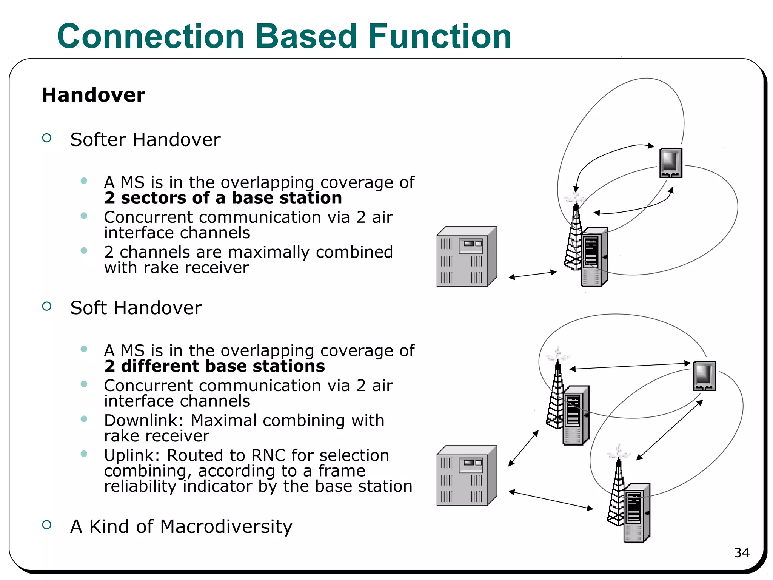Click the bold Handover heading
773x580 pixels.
click(x=93, y=95)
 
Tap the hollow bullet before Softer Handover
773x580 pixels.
click(x=47, y=138)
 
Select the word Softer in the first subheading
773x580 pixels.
click(x=98, y=140)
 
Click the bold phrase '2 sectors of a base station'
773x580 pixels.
click(x=223, y=198)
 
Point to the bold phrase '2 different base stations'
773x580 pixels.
click(x=214, y=366)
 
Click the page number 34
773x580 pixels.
click(x=741, y=553)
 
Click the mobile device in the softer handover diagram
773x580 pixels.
click(x=671, y=163)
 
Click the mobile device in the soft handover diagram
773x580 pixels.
click(x=704, y=376)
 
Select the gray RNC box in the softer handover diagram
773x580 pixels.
click(x=467, y=257)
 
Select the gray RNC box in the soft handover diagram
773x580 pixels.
click(x=467, y=476)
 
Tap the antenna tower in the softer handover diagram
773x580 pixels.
click(x=574, y=238)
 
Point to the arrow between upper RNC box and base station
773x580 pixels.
click(x=532, y=275)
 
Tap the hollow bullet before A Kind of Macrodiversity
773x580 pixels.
click(x=47, y=525)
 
